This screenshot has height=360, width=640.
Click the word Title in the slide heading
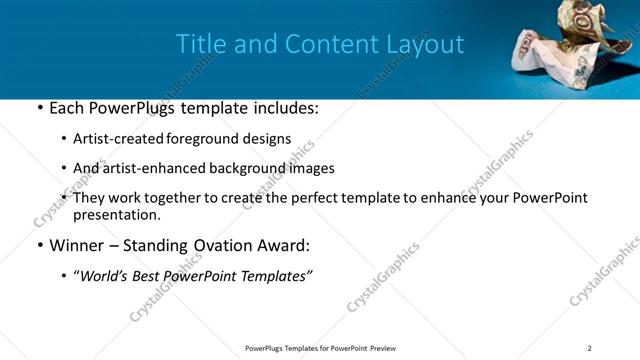[x=199, y=44]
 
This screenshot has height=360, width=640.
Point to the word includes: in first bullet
[x=283, y=108]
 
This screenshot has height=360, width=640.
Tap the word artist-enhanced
[x=147, y=168]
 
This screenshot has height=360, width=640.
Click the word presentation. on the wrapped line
[x=117, y=214]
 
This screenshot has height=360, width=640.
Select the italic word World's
[x=104, y=275]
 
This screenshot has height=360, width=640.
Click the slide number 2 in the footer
[x=590, y=348]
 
